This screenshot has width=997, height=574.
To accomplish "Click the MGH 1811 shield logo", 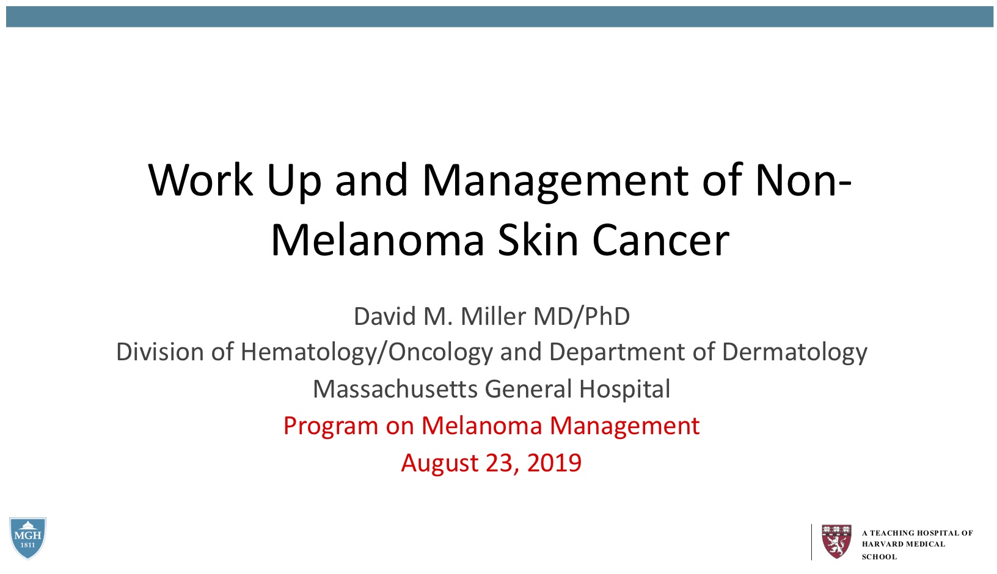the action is (27, 538).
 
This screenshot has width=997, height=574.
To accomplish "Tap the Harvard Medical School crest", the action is (836, 541).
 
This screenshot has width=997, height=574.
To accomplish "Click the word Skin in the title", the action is (538, 240).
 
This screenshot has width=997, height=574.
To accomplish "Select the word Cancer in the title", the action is (660, 241).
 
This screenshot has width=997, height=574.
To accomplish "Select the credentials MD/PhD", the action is (582, 316).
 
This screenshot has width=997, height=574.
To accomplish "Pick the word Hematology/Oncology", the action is (367, 352).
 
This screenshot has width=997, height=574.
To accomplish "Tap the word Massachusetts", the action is (395, 389).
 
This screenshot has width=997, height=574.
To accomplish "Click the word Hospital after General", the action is (624, 390).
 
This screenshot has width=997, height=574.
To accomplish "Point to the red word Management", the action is (624, 426).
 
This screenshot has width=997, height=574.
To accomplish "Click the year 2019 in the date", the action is (554, 463).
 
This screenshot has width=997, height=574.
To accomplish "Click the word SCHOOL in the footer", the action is (879, 557).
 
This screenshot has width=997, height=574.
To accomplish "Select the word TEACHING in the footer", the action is (891, 533).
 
